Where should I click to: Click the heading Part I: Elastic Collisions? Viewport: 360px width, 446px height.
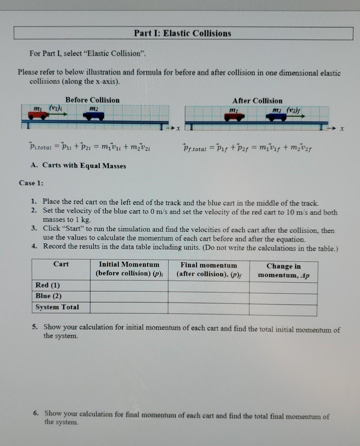(182, 33)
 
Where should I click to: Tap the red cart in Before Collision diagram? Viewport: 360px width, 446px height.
(37, 115)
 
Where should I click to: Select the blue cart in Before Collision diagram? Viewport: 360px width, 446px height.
(94, 116)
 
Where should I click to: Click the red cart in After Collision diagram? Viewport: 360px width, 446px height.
(234, 117)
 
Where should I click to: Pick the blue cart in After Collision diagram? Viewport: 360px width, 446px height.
(276, 117)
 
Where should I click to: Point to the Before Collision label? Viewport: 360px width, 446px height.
(92, 100)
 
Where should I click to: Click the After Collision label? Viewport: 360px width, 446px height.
(257, 101)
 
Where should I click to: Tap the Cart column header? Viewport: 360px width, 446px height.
(61, 264)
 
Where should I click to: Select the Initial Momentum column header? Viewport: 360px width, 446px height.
(129, 269)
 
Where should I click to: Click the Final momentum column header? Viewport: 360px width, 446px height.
(209, 269)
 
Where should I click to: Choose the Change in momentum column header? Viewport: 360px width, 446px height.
(283, 270)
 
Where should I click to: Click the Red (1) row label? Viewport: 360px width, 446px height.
(48, 285)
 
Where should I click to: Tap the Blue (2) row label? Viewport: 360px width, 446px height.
(48, 296)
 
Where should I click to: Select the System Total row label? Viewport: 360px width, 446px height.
(57, 307)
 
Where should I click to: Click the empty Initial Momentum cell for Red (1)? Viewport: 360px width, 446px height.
(129, 286)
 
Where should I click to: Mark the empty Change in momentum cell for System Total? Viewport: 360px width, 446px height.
(283, 310)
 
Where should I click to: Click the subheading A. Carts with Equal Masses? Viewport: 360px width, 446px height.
(78, 166)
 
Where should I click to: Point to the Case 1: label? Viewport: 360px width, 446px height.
(31, 183)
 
